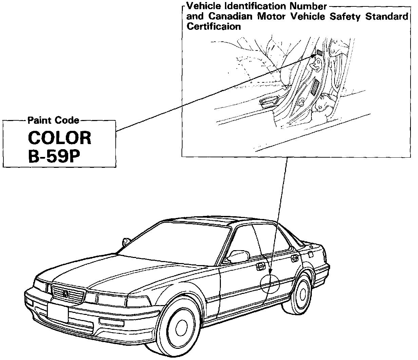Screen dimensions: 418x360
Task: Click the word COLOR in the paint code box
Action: (x=60, y=138)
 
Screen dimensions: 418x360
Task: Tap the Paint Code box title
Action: (x=53, y=120)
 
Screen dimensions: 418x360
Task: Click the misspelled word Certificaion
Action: (x=214, y=27)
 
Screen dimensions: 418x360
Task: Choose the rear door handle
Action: (x=294, y=258)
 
